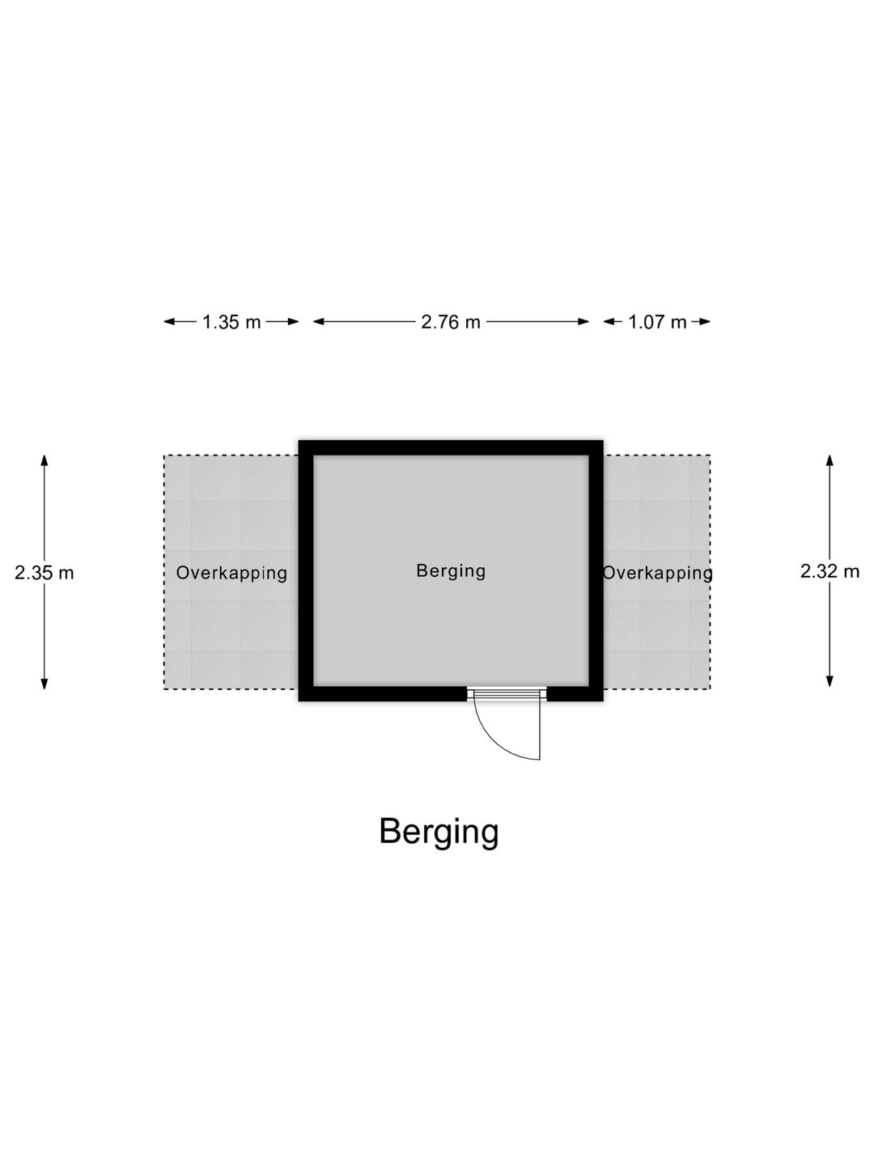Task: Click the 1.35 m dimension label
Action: (x=231, y=322)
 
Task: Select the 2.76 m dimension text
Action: (x=451, y=322)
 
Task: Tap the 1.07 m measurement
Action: (x=657, y=322)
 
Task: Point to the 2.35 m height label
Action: (x=44, y=574)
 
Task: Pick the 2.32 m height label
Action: (x=830, y=571)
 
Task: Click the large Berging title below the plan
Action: (x=439, y=832)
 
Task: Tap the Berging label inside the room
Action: (x=451, y=572)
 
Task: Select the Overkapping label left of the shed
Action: (x=231, y=574)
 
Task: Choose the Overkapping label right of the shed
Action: (x=657, y=574)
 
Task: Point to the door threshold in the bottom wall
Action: (x=507, y=694)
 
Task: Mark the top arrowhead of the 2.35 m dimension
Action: (x=45, y=460)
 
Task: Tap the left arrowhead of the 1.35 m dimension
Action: (x=170, y=322)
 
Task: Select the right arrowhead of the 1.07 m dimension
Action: (x=704, y=322)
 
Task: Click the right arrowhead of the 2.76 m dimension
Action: (x=583, y=322)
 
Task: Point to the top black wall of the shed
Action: (x=451, y=448)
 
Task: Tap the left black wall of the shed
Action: (x=306, y=570)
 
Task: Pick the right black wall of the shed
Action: (x=596, y=570)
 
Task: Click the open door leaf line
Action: (x=541, y=731)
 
